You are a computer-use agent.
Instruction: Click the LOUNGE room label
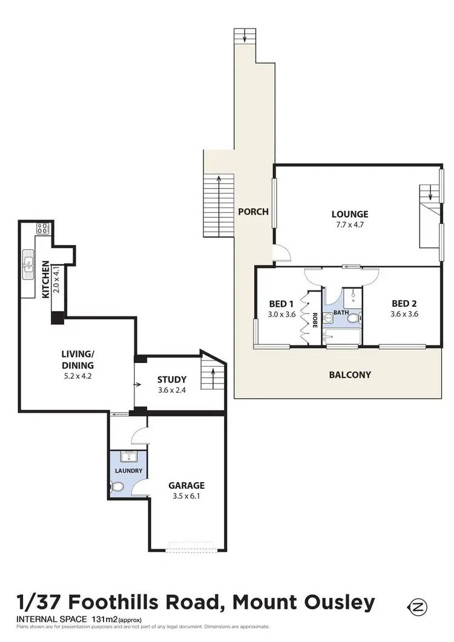pos(349,214)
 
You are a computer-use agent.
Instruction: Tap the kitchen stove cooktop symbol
pos(43,229)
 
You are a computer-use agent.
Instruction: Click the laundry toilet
pos(116,486)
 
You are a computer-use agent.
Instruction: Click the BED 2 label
pos(404,303)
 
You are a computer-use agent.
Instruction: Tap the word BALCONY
pos(350,375)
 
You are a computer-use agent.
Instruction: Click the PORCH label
pos(253,212)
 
